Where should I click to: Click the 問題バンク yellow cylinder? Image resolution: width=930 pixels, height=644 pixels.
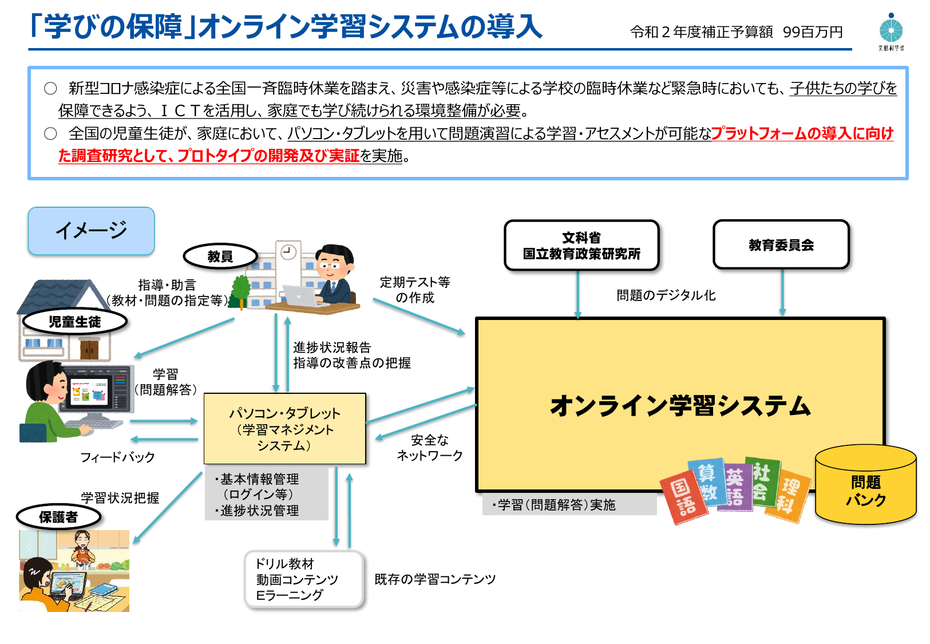click(865, 487)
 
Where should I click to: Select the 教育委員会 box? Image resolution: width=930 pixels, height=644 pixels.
click(781, 245)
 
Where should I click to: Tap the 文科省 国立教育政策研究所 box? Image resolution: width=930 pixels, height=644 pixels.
click(581, 246)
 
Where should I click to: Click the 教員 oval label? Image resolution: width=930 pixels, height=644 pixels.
click(220, 256)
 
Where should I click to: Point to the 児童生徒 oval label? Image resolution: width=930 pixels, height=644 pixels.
click(74, 322)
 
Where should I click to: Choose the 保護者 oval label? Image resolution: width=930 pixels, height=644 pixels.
click(58, 517)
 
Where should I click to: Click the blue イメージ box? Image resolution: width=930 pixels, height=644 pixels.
click(92, 231)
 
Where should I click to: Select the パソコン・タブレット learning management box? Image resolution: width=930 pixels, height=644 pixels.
click(284, 429)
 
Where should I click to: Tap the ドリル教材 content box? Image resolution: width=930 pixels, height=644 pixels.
click(304, 579)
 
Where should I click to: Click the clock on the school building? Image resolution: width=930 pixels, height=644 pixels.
click(288, 251)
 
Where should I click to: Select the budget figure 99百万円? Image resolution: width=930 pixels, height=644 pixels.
click(813, 32)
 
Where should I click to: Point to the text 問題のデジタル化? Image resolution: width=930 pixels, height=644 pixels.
click(666, 295)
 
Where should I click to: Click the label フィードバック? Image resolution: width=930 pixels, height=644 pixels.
click(117, 457)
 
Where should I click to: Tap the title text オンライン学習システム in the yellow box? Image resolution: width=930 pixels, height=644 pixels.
click(680, 406)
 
